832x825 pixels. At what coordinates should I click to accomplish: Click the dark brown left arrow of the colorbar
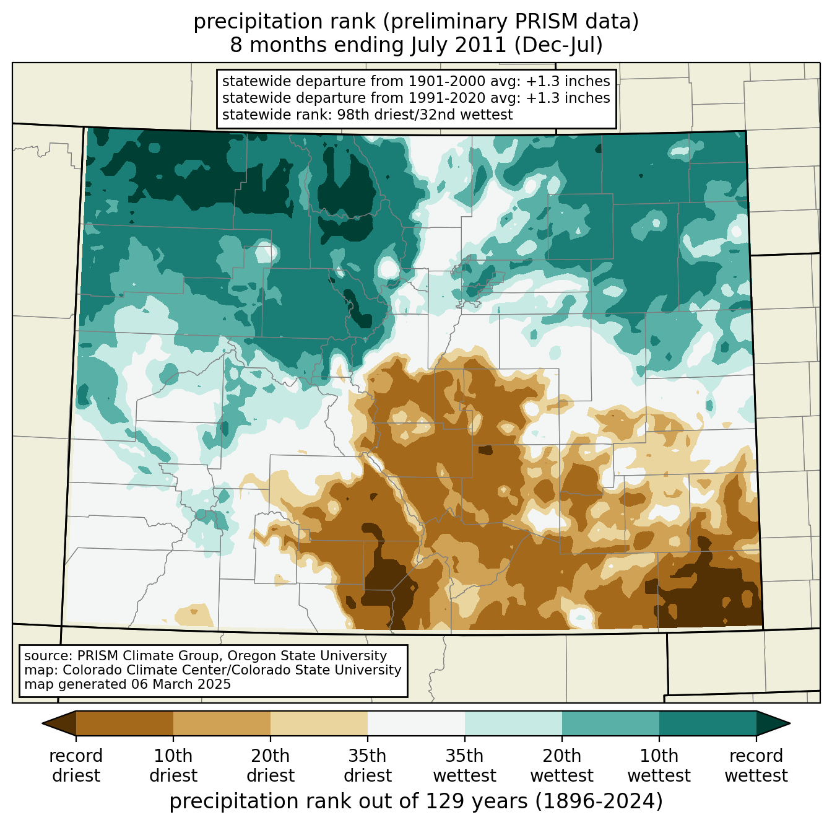pos(61,723)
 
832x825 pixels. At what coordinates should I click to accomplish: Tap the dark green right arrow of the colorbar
pos(773,723)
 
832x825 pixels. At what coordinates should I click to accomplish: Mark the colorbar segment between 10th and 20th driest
pos(222,723)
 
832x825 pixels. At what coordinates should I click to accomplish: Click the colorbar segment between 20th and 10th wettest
pos(610,723)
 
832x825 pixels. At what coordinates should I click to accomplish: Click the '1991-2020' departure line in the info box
pos(416,98)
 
